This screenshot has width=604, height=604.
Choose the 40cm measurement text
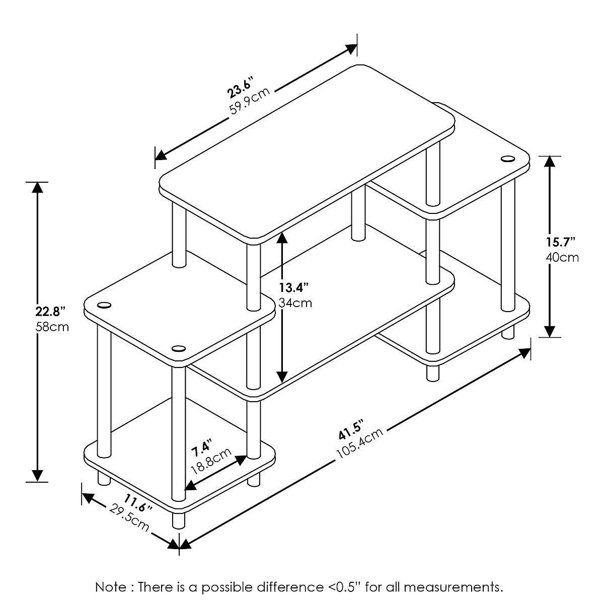click(562, 258)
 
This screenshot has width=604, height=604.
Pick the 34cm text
click(295, 303)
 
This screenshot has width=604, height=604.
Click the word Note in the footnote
click(109, 587)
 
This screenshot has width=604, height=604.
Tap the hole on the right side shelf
click(507, 160)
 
